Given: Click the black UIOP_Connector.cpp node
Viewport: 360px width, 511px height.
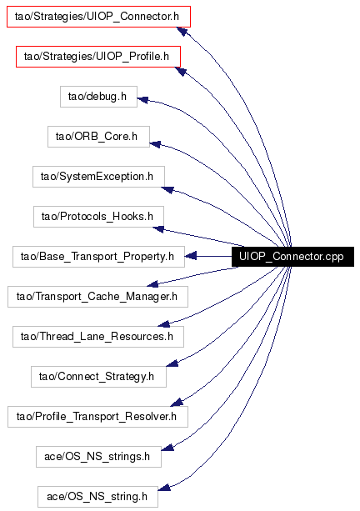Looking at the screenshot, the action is tap(292, 257).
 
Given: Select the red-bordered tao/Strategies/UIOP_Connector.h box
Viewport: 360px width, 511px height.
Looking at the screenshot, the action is tap(98, 17).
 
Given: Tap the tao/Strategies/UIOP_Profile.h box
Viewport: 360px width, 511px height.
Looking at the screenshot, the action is tap(98, 57).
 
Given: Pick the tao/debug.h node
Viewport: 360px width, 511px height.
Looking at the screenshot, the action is tap(98, 97).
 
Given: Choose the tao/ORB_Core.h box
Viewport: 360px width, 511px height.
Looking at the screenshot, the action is tap(98, 137).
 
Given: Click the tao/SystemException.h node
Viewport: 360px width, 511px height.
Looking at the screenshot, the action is tap(98, 177).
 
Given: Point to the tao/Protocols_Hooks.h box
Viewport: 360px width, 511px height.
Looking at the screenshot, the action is tap(98, 217).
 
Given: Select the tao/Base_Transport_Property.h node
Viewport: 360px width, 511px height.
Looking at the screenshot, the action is tap(98, 257).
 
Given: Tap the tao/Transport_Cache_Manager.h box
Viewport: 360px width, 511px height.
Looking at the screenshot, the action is tap(97, 297).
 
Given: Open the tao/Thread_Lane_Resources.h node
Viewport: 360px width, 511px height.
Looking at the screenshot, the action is tap(98, 337).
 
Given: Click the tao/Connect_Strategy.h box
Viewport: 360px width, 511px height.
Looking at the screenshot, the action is tap(98, 377).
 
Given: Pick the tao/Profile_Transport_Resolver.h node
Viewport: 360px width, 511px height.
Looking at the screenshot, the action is tap(97, 417).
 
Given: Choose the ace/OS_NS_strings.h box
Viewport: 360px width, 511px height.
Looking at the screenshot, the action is tap(98, 457).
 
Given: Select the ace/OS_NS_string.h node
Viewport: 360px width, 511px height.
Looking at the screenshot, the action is tap(97, 497).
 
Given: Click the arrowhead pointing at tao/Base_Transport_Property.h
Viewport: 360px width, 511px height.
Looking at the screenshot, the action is tap(191, 256).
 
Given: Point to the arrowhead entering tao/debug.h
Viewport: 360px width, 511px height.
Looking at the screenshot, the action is tap(143, 100).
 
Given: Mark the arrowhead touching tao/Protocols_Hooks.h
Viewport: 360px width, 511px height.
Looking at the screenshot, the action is tap(158, 229).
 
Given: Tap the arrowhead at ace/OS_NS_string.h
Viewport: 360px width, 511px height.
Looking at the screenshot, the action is tap(164, 488).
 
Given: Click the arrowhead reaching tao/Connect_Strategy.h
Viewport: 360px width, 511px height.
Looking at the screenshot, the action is tap(172, 363).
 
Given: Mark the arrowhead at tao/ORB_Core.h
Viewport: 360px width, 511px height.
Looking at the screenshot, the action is tap(155, 143).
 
